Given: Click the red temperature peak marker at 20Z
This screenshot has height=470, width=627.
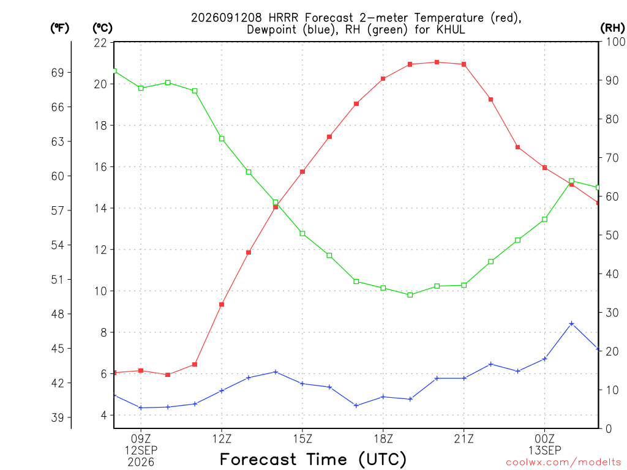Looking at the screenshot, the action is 437,62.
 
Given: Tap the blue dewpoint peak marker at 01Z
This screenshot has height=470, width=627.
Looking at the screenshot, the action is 571,323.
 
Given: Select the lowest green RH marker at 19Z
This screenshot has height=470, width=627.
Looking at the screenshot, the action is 410,295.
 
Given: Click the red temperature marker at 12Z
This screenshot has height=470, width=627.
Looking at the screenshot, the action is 222,305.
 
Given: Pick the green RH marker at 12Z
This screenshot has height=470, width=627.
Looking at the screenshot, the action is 222,139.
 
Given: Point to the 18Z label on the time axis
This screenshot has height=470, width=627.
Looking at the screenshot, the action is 383,439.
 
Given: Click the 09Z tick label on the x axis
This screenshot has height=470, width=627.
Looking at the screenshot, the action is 141,439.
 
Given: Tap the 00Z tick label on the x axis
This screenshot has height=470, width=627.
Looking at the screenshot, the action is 544,439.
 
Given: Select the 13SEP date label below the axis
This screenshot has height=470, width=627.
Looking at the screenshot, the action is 544,450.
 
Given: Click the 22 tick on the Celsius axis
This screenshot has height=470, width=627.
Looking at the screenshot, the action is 100,43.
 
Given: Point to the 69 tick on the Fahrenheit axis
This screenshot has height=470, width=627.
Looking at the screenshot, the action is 58,72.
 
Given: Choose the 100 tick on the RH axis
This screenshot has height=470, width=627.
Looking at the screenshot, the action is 615,42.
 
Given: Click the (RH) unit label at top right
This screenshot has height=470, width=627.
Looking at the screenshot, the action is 612,28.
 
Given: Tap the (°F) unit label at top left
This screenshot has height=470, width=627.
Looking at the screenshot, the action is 59,28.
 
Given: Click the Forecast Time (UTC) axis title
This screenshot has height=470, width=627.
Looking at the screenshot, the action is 313,460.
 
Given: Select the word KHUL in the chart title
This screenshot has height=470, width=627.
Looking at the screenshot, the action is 451,29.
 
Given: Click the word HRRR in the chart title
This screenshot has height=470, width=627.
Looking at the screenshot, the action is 283,18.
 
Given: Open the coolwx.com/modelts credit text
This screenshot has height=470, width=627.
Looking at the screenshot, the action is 566,463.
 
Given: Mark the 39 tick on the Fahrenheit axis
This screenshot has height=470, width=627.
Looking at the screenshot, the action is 58,417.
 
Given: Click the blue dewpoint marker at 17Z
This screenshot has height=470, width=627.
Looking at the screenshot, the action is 356,406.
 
